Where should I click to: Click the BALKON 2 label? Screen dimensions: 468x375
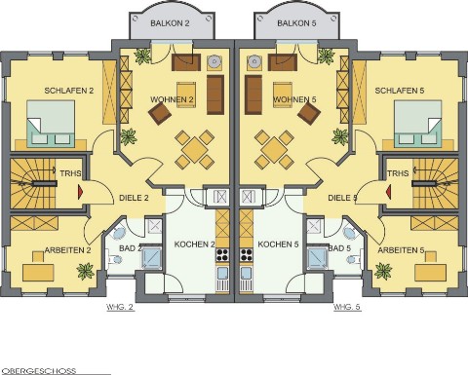tap(170, 23)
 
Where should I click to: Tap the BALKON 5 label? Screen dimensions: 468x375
tap(296, 23)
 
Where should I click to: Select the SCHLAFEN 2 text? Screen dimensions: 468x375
tap(69, 91)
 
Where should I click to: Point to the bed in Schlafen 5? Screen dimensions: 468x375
tap(417, 123)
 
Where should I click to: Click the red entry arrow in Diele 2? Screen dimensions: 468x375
tap(80, 192)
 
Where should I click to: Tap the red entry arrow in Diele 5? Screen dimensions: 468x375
tap(388, 192)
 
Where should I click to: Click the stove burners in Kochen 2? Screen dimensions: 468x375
tap(222, 255)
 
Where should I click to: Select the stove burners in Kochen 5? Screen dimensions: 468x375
tap(246, 255)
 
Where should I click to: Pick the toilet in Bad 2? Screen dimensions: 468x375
tap(115, 259)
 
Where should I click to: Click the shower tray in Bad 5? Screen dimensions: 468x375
tap(318, 258)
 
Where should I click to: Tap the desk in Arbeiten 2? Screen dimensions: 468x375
tap(38, 273)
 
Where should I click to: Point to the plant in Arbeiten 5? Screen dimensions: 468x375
tap(383, 271)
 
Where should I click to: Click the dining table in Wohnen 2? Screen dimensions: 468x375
tap(194, 150)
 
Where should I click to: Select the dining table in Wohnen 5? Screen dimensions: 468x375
tap(274, 150)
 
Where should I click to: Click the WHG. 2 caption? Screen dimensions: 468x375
tap(120, 307)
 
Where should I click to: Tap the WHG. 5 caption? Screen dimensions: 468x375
tap(347, 307)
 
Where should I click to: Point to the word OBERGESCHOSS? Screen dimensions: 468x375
tap(39, 371)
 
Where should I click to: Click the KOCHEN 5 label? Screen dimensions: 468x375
tap(278, 244)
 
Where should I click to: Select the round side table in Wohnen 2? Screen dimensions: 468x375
tap(214, 61)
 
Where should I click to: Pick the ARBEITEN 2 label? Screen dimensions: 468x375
tap(67, 250)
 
